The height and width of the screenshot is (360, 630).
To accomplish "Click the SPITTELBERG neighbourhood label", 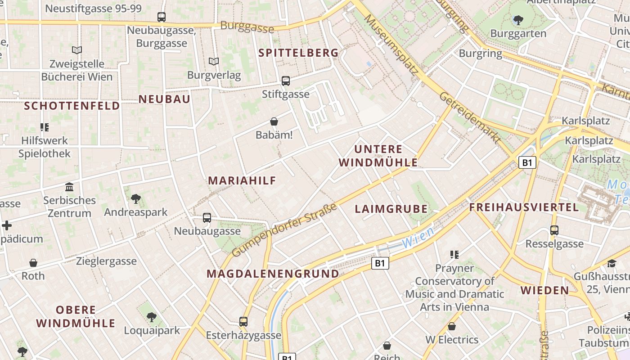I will (298, 53).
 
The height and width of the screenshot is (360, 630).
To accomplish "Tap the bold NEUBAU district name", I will (164, 99).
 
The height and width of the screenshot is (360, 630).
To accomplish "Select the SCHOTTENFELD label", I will (72, 106).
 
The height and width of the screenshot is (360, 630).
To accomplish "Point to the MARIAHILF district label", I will (242, 180).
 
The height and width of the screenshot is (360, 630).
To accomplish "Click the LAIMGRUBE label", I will (391, 209).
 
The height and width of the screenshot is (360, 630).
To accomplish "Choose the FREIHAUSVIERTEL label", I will (524, 207).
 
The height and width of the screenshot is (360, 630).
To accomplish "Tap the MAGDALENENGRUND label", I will (273, 274).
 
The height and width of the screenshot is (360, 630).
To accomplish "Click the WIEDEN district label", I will (545, 290).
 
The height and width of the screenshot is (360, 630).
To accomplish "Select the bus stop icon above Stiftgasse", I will (286, 81).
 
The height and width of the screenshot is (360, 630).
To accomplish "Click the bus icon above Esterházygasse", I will (243, 322).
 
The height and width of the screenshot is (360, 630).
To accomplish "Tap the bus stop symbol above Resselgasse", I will (554, 230).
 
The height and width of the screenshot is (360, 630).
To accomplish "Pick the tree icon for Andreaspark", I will (135, 198).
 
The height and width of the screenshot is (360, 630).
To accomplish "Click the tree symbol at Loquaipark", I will (152, 317).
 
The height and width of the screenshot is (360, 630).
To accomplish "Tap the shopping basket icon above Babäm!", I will (274, 121).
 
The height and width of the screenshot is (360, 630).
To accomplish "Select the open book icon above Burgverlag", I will (214, 61).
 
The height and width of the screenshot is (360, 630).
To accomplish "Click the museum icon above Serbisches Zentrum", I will (69, 187).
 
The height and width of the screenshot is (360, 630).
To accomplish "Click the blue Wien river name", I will (418, 238).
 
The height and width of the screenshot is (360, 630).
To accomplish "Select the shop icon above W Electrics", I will (452, 326).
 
